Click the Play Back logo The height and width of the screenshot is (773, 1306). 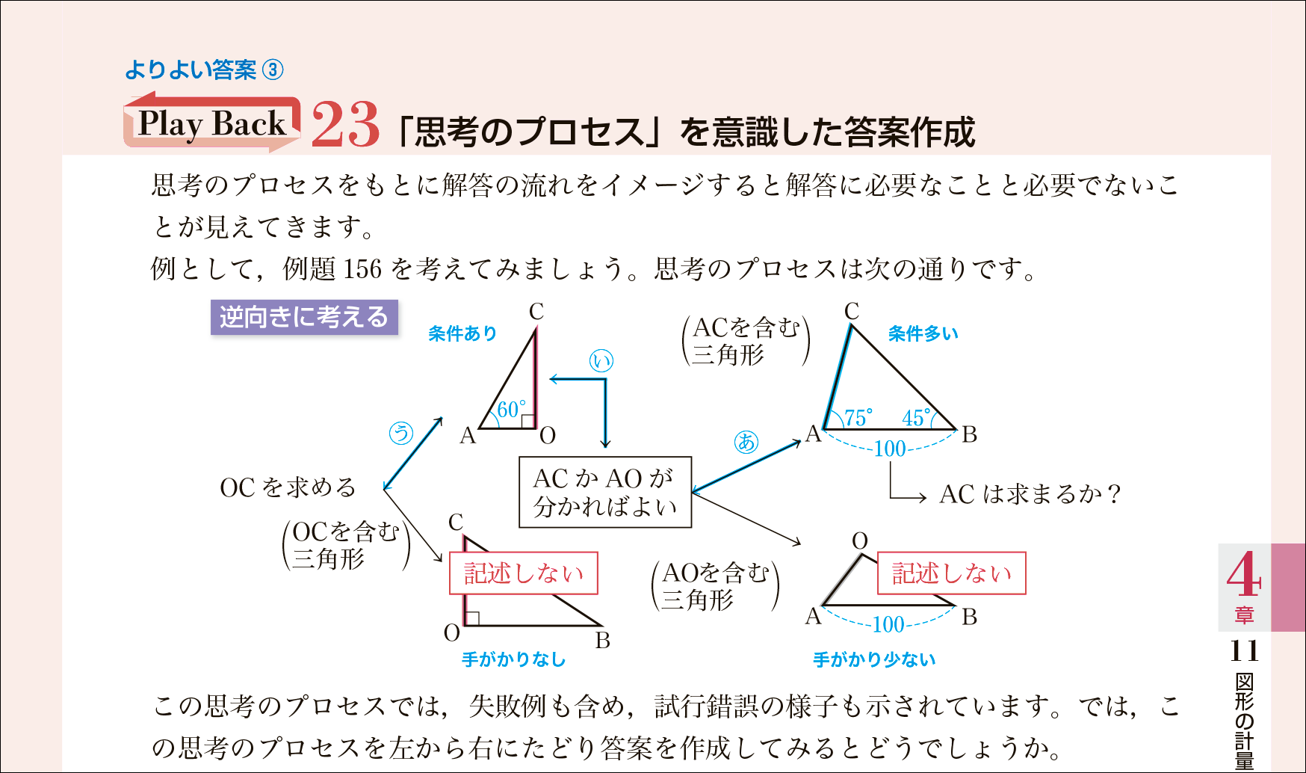point(212,123)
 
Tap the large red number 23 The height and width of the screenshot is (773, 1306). point(345,125)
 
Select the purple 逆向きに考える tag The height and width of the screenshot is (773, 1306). point(304,317)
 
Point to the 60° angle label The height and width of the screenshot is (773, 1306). point(511,410)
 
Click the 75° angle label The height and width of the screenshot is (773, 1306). point(858,418)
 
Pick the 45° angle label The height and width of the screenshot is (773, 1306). point(916,418)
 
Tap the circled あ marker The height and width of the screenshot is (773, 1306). point(746,442)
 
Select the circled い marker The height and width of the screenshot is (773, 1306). point(601,361)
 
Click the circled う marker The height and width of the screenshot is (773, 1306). point(401,433)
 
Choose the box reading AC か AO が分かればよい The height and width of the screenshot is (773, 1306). point(605,493)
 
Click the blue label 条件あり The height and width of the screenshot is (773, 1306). point(462,333)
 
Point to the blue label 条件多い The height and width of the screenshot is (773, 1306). point(923,333)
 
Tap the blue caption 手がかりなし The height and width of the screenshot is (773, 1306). point(513,659)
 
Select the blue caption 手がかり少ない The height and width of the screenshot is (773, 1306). point(874,659)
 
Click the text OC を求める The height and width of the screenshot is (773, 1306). point(288,487)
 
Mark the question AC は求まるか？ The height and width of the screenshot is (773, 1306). point(1030,494)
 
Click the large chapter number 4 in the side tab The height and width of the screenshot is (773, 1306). point(1243,575)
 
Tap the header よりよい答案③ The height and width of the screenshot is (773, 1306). point(204,70)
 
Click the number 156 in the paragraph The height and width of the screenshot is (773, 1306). point(362,268)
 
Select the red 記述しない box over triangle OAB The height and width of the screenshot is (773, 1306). point(951,573)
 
